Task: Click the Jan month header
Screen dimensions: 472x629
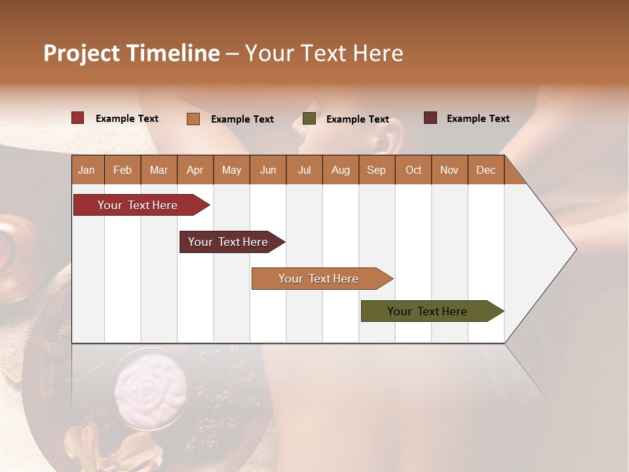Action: click(x=87, y=170)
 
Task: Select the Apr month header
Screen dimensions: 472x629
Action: click(x=195, y=170)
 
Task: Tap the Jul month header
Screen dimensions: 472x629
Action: click(x=304, y=170)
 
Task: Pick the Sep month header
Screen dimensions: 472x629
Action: click(x=377, y=170)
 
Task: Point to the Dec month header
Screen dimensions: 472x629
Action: click(x=486, y=170)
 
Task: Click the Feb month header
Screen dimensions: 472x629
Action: click(x=123, y=170)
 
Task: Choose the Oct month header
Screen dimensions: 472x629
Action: click(x=413, y=170)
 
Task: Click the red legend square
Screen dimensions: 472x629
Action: click(x=77, y=118)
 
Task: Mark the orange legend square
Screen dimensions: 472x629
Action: click(x=193, y=119)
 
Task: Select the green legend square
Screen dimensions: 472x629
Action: click(x=309, y=119)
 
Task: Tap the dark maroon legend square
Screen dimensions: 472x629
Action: click(x=430, y=118)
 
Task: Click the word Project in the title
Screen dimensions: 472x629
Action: click(x=81, y=53)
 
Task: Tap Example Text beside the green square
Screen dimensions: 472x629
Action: click(x=357, y=119)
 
